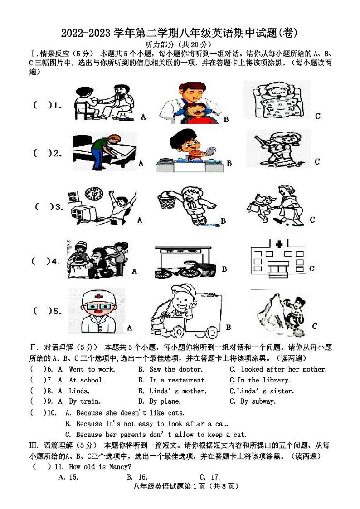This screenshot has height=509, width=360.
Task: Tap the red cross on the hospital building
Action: (279, 245)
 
